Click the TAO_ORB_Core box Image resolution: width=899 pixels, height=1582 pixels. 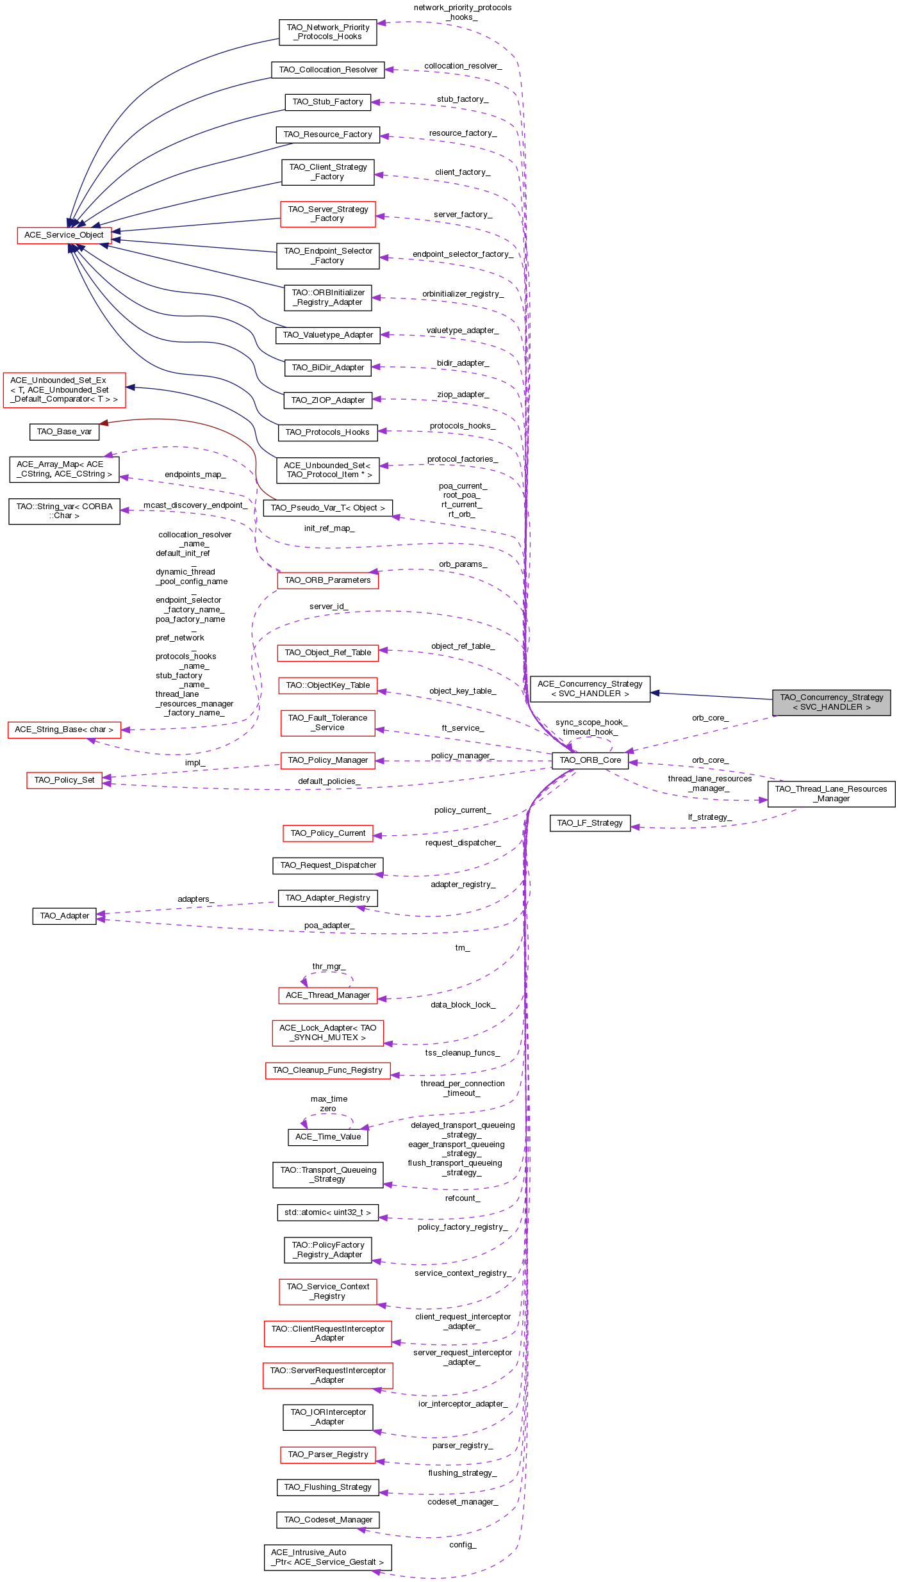590,760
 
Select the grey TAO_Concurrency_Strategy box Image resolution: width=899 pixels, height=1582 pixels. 831,703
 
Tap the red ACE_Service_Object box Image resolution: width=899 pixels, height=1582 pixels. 64,235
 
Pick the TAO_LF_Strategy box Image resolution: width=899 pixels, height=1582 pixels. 590,823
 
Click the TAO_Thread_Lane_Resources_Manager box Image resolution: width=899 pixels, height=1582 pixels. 831,794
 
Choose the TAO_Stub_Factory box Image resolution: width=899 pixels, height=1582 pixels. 327,102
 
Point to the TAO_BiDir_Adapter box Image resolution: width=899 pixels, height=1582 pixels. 327,368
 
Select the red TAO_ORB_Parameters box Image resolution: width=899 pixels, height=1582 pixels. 327,580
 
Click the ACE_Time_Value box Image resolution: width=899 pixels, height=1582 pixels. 328,1137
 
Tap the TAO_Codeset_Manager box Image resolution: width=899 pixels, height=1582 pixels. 328,1520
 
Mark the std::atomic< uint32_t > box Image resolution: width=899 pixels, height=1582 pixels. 327,1212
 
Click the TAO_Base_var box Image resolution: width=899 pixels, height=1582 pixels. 64,432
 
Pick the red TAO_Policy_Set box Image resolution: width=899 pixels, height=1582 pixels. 64,780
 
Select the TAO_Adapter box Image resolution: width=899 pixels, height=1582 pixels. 64,916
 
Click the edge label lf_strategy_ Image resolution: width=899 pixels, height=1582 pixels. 709,817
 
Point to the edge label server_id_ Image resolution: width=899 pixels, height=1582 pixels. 329,607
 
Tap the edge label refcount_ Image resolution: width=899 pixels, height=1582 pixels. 462,1198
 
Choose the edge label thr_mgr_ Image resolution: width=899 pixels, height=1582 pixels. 329,966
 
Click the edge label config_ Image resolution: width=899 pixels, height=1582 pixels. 462,1545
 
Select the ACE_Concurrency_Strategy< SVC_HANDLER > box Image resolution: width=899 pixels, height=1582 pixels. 590,689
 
